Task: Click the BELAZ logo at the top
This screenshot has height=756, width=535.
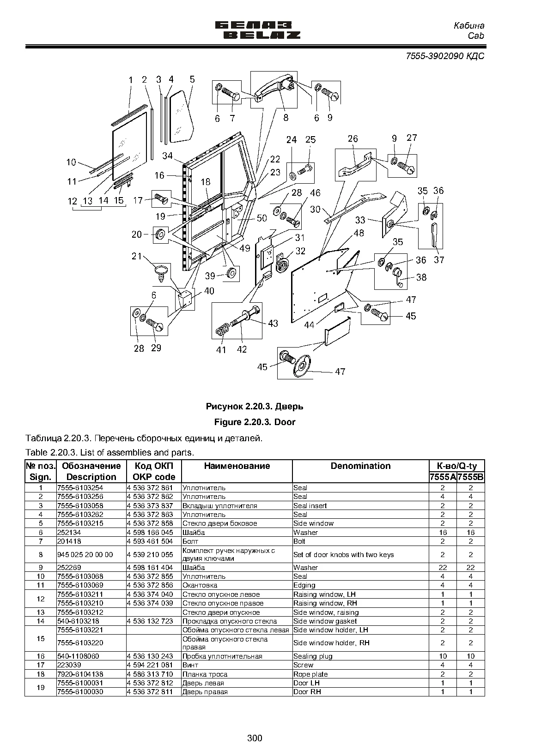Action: coord(258,30)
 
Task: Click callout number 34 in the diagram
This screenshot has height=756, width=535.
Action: coord(168,156)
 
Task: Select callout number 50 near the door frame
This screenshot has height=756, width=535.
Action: coord(262,218)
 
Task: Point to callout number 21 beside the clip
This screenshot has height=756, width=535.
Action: coord(136,256)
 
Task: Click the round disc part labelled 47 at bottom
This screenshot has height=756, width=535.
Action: coord(302,366)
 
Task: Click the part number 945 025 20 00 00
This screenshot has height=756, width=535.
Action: coord(85,554)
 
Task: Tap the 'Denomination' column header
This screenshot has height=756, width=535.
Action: coord(360,466)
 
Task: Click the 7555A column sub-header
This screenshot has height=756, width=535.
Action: coord(443,477)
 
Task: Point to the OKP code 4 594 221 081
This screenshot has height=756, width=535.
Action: coord(150,665)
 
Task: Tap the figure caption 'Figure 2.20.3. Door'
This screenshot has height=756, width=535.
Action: coord(255,422)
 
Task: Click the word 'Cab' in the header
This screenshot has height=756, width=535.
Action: coord(475,36)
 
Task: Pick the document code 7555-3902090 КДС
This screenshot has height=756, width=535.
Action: coord(445,56)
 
